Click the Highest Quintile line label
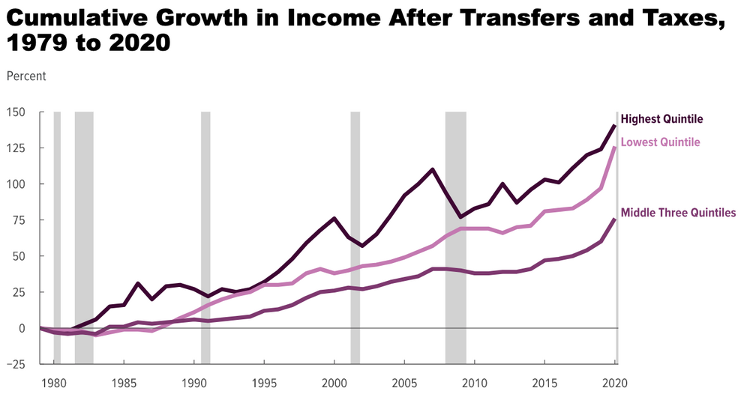tap(662, 119)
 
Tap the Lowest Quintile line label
tap(661, 142)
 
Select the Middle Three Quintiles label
tap(679, 213)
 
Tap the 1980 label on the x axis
tap(53, 383)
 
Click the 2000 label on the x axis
tap(334, 383)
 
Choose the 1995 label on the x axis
tap(264, 383)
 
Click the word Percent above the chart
tap(26, 76)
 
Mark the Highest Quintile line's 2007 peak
tap(433, 169)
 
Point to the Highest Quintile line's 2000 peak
tap(334, 218)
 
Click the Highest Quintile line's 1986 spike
tap(138, 283)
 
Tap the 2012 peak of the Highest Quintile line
tap(502, 184)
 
